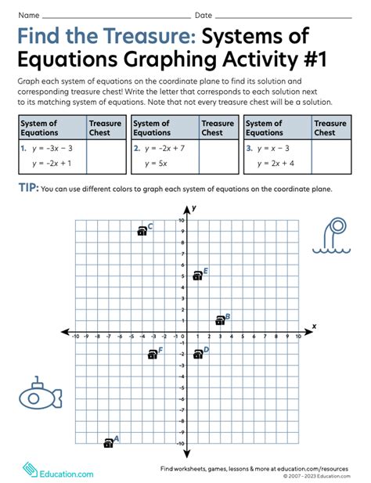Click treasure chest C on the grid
point(142,231)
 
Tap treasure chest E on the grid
point(197,276)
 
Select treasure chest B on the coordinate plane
point(220,320)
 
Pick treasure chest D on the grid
point(197,354)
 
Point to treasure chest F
point(152,355)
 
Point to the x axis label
point(314,326)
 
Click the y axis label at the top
point(193,207)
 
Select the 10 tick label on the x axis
point(298,338)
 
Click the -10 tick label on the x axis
point(75,338)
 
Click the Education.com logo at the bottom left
point(58,471)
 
